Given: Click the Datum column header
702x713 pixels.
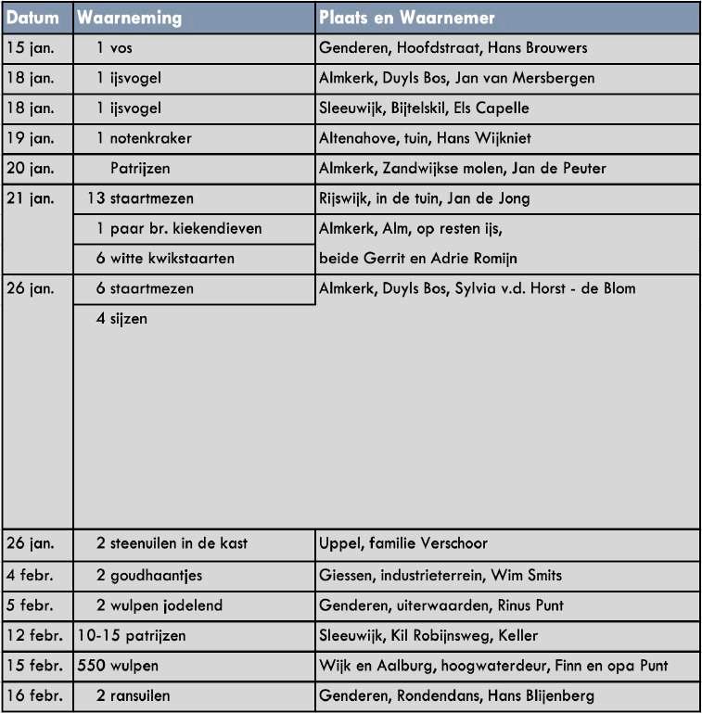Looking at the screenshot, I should tap(32, 19).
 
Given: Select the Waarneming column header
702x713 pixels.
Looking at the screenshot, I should tap(129, 19).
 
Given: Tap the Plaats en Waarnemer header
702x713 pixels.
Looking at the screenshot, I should tap(407, 19).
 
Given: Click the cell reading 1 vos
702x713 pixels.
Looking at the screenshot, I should tap(115, 48).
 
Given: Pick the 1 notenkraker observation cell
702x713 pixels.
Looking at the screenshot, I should tap(144, 138).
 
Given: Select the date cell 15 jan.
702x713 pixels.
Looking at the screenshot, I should tap(30, 48).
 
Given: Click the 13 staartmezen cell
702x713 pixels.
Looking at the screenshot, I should tap(140, 198).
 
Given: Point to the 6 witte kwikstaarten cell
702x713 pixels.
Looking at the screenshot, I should tap(165, 259).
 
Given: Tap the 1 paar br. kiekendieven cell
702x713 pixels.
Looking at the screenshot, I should tap(179, 228).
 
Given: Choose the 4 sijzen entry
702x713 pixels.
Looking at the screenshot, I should tap(121, 319).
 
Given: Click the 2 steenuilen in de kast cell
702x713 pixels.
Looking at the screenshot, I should tap(172, 543).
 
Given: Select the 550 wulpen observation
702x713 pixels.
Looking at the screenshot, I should tap(118, 666).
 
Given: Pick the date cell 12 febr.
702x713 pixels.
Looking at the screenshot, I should tap(34, 635).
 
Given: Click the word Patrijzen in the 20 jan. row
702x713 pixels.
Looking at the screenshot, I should tap(140, 169).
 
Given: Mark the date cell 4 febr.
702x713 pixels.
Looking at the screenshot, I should tap(30, 576).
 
